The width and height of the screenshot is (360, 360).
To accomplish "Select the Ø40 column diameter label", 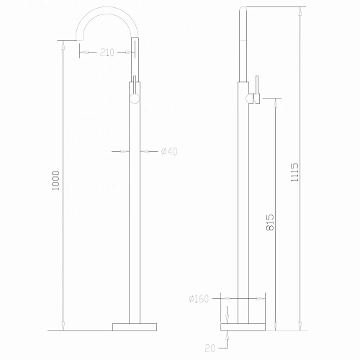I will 170,150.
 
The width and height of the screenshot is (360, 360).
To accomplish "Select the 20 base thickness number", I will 210,348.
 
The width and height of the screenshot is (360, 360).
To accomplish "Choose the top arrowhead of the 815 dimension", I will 274,102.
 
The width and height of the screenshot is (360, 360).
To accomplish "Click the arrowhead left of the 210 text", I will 82,52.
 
